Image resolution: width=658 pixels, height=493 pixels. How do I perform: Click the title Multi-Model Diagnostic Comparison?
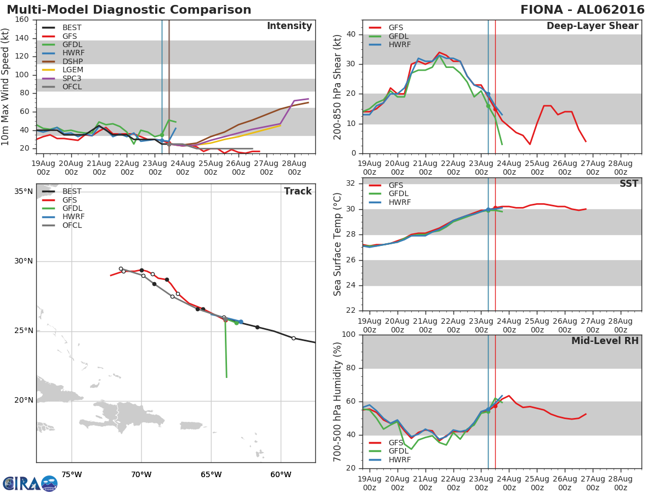pyautogui.click(x=129, y=10)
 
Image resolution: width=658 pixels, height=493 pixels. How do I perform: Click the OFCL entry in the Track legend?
pyautogui.click(x=72, y=225)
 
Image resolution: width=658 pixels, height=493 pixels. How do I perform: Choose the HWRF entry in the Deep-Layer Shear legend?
pyautogui.click(x=399, y=44)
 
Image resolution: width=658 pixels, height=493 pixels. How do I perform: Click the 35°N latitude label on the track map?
pyautogui.click(x=24, y=192)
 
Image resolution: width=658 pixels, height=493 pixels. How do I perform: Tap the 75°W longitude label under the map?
pyautogui.click(x=71, y=474)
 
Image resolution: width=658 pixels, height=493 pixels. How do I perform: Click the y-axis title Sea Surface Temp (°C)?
pyautogui.click(x=338, y=244)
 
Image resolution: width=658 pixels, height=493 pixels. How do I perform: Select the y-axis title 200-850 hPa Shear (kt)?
pyautogui.click(x=338, y=87)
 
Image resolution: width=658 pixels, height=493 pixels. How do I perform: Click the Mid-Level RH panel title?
pyautogui.click(x=604, y=341)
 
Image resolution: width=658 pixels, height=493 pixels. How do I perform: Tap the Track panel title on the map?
pyautogui.click(x=298, y=191)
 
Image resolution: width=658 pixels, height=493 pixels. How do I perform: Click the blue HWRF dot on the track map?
pyautogui.click(x=241, y=322)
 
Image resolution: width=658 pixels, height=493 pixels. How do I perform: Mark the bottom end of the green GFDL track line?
pyautogui.click(x=226, y=377)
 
